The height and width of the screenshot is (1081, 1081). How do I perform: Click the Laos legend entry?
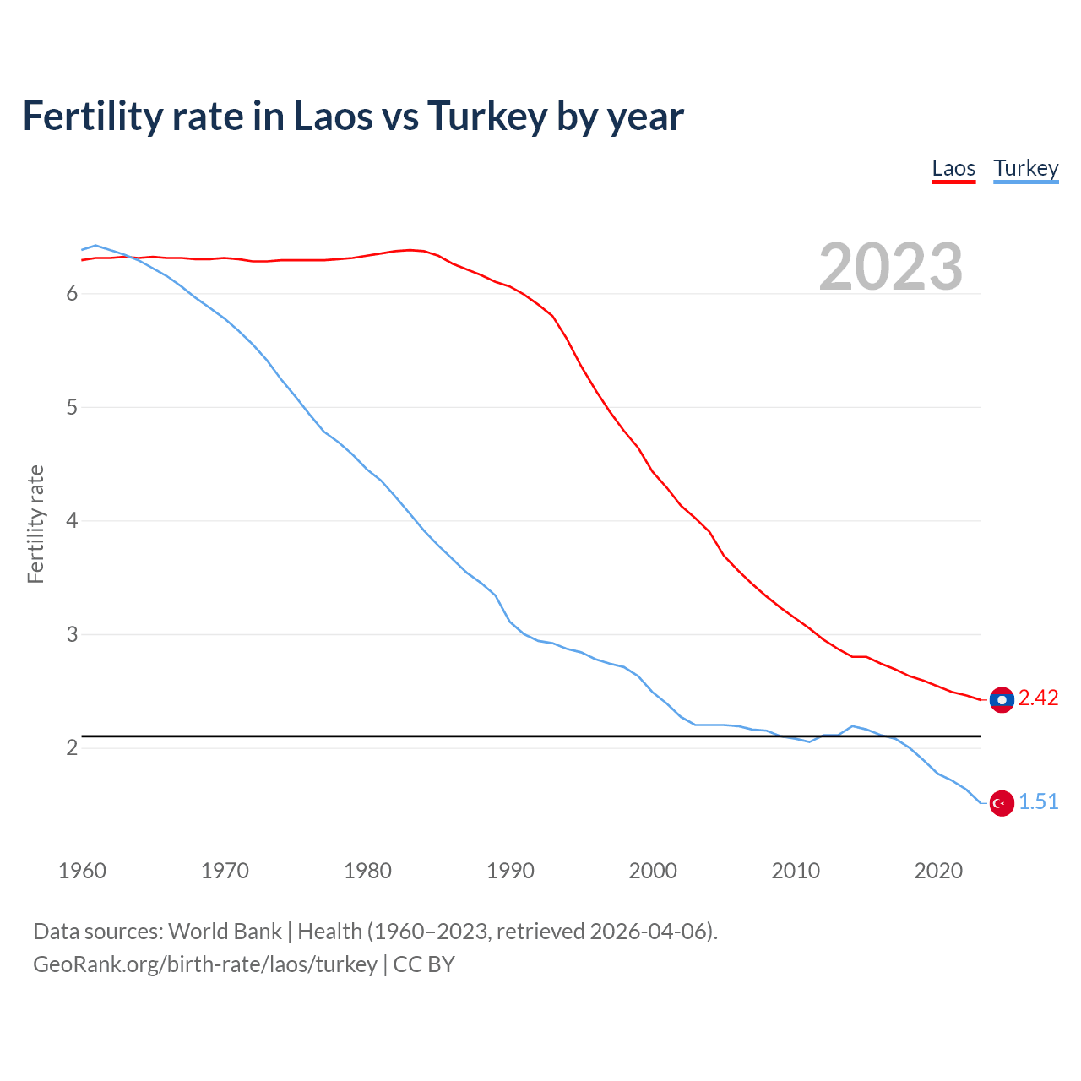(x=953, y=169)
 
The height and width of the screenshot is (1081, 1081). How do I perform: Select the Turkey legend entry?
(x=1025, y=169)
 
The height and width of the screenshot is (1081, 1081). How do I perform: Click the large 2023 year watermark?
(x=891, y=267)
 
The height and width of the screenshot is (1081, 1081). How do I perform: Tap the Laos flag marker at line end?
(x=1002, y=699)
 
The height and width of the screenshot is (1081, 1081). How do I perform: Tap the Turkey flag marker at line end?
(x=1002, y=803)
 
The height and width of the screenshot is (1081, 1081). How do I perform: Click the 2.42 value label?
(x=1038, y=698)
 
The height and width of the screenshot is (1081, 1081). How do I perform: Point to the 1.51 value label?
(x=1038, y=802)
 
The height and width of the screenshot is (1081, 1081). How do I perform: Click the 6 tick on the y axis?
(x=72, y=294)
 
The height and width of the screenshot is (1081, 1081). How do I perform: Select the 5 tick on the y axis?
(x=72, y=408)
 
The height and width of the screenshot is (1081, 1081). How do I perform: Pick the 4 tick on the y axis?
(x=72, y=521)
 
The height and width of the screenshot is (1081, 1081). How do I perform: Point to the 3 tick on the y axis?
(x=72, y=634)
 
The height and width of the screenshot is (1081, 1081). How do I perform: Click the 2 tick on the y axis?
(x=72, y=748)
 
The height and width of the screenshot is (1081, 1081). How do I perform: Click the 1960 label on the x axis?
(x=82, y=871)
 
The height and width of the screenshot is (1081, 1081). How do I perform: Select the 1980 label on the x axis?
(x=367, y=871)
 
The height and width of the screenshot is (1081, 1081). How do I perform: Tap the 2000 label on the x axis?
(x=653, y=871)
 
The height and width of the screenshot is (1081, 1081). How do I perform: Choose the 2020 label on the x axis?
(x=938, y=871)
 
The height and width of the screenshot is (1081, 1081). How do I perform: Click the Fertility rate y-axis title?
(x=35, y=524)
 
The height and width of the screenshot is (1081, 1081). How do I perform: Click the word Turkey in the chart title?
(x=487, y=117)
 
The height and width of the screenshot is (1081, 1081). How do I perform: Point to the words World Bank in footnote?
(x=225, y=932)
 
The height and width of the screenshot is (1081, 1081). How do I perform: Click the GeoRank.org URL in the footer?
(x=205, y=964)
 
